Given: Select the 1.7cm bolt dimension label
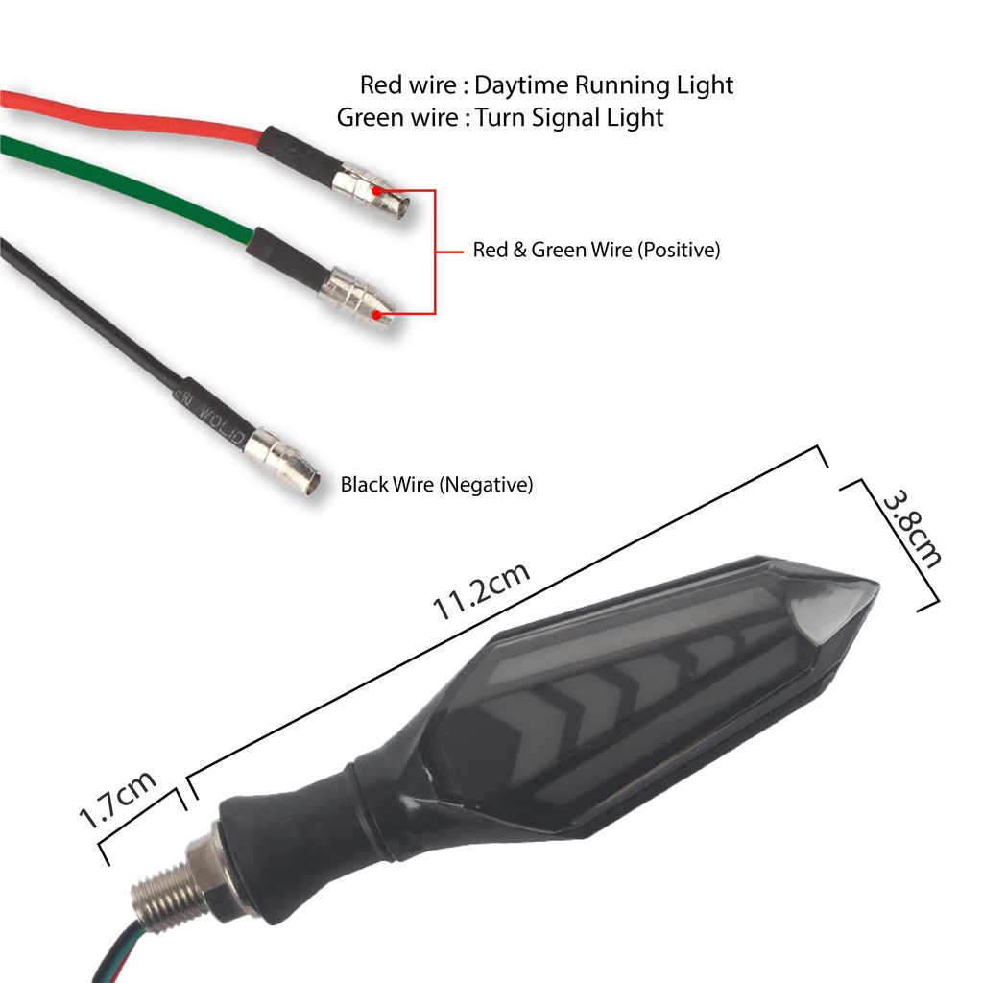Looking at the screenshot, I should tap(117, 800).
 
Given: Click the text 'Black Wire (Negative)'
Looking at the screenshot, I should tap(437, 485).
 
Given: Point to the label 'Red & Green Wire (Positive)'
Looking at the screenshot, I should tap(596, 251).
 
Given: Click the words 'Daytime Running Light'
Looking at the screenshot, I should tap(604, 85).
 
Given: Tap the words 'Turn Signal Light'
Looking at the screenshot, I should tap(569, 118).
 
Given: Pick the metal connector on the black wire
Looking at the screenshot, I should tap(282, 461).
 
